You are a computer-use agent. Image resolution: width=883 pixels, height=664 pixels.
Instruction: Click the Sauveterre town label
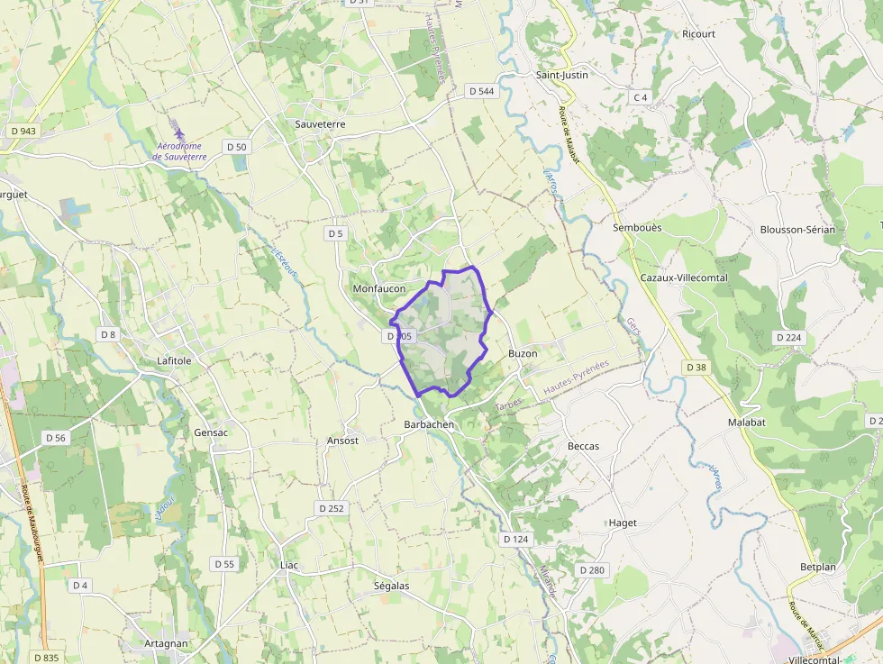click(320, 123)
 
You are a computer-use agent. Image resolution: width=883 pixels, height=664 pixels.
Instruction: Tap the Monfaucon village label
click(378, 288)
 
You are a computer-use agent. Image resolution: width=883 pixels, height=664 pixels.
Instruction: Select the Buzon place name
click(523, 354)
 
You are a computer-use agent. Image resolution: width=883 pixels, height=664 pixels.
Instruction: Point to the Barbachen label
click(428, 424)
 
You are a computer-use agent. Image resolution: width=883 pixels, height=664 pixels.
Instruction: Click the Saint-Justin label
click(561, 75)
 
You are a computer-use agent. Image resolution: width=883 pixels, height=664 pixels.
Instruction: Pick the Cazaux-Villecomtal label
click(683, 277)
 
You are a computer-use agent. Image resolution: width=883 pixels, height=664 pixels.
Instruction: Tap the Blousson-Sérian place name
click(797, 230)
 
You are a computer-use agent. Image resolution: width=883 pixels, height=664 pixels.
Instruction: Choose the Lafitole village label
click(174, 360)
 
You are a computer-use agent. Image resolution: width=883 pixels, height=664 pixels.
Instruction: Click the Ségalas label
click(391, 586)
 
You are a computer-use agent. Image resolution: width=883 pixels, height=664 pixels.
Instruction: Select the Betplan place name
click(818, 568)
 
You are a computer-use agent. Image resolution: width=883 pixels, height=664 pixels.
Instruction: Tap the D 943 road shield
click(23, 131)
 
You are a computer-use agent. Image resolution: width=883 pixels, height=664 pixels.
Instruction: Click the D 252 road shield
click(331, 508)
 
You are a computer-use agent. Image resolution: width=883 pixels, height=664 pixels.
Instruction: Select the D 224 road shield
click(788, 337)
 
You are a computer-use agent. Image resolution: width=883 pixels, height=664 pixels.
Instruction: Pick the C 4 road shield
click(641, 97)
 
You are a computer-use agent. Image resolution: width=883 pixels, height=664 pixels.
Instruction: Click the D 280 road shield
click(592, 569)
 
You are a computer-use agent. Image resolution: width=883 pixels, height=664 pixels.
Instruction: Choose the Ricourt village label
click(698, 34)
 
